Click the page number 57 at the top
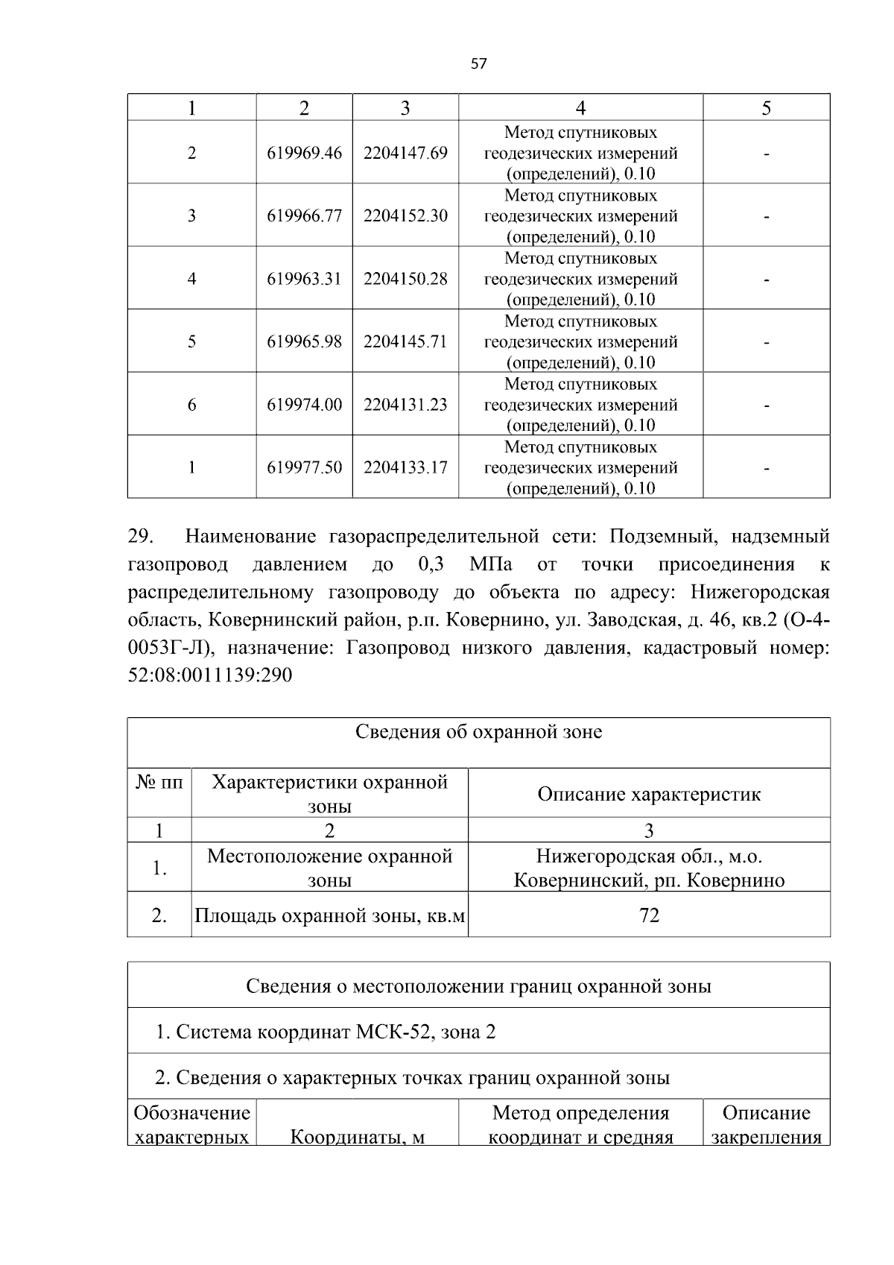(x=478, y=64)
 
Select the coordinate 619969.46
(x=304, y=153)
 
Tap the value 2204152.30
(x=405, y=215)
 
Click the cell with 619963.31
(x=304, y=279)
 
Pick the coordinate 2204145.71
(x=405, y=341)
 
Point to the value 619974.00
(x=304, y=404)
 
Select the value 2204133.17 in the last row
(x=405, y=467)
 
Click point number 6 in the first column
(x=191, y=404)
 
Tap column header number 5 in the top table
(x=766, y=108)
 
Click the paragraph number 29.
(x=141, y=536)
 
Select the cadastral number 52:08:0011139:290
(x=210, y=675)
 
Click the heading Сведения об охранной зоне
(x=478, y=731)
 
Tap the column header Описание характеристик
(x=649, y=794)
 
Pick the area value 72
(x=649, y=915)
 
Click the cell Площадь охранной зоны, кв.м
(x=329, y=915)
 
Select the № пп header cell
(x=159, y=783)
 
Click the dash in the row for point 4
(x=766, y=280)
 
